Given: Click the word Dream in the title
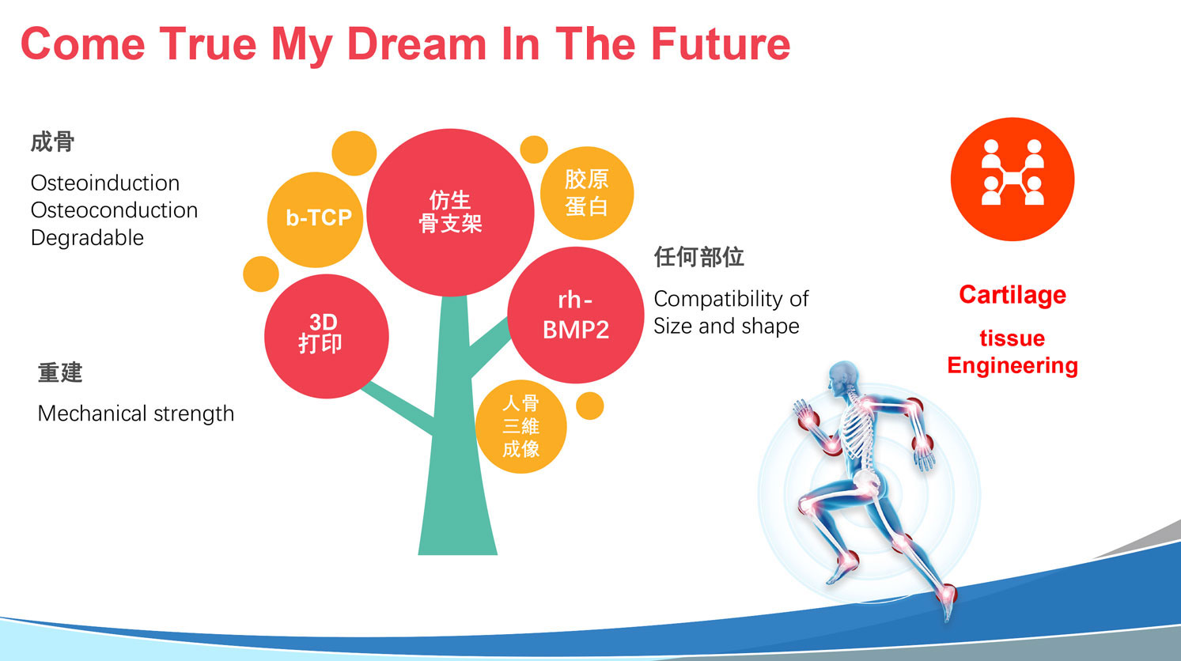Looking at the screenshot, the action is (x=417, y=44).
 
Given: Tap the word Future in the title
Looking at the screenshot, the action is (x=720, y=44).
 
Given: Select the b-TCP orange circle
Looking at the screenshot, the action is (x=316, y=219).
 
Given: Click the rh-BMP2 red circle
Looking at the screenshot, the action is (x=575, y=315).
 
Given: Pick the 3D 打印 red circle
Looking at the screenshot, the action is (x=327, y=336).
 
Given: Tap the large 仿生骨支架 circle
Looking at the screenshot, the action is (x=450, y=212).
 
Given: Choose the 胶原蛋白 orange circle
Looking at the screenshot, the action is (x=587, y=193).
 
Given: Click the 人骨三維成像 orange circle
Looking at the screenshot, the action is (x=521, y=426).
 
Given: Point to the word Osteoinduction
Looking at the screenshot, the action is (x=105, y=183).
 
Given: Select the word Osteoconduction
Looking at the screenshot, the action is (x=115, y=210).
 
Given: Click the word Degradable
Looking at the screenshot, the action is (x=88, y=238).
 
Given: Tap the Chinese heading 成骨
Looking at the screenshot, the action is (x=53, y=142).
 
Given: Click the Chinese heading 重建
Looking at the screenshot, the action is (x=60, y=372).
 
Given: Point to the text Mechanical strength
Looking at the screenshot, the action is (x=136, y=414).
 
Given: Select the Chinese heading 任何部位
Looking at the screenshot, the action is (x=699, y=257).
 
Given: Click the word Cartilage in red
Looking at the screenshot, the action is (x=1013, y=295).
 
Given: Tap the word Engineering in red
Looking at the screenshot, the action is (x=1013, y=366).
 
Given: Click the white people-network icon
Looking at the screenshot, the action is (x=1013, y=172).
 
